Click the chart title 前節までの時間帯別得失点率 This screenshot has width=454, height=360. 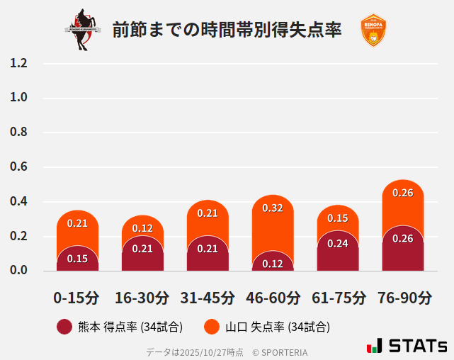click(x=227, y=30)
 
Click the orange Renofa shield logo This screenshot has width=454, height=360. click(x=373, y=30)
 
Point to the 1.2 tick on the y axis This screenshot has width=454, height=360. click(x=18, y=63)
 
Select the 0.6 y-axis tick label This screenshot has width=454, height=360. click(x=18, y=167)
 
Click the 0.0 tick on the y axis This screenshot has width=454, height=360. click(x=18, y=270)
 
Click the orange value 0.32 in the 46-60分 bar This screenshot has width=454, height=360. click(x=273, y=208)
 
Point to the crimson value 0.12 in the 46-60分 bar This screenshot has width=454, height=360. click(x=273, y=264)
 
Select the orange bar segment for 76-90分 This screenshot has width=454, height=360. click(x=403, y=206)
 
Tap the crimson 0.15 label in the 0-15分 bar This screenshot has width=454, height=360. click(x=77, y=259)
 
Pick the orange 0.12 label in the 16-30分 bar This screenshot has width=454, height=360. click(x=142, y=228)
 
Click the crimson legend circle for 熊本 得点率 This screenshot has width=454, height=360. click(x=64, y=327)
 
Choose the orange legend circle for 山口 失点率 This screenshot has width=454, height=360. click(x=212, y=327)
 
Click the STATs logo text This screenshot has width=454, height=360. click(x=417, y=346)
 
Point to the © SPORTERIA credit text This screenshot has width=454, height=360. click(x=280, y=352)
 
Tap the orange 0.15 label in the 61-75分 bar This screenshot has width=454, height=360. click(x=338, y=218)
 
